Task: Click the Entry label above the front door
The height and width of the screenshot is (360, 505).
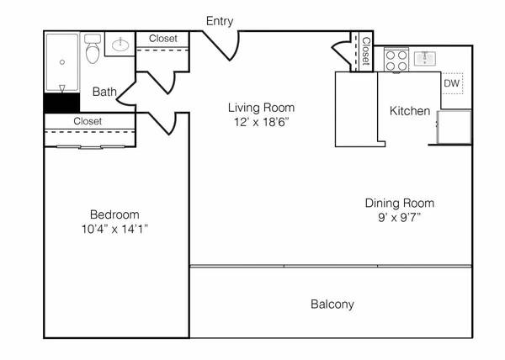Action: click(220, 21)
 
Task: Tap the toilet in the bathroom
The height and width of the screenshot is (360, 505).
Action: click(93, 49)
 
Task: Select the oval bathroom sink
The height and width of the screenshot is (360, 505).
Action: click(120, 45)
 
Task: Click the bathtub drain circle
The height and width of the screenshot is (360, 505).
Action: click(62, 62)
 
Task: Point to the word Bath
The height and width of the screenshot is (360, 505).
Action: click(104, 92)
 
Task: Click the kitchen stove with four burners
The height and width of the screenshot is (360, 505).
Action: click(396, 60)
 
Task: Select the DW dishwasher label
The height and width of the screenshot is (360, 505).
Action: click(451, 83)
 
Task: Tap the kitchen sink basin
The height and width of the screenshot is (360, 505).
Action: click(425, 59)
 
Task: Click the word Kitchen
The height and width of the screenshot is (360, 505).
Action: click(410, 111)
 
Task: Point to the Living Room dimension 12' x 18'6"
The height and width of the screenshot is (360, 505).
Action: click(261, 122)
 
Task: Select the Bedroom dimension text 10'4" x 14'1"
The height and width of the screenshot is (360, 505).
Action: click(114, 229)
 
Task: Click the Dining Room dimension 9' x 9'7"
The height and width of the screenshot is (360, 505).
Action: click(400, 218)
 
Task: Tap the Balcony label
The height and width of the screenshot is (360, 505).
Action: click(332, 304)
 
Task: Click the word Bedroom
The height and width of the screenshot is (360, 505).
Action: click(114, 214)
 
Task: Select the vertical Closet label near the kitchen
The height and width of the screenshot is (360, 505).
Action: click(366, 51)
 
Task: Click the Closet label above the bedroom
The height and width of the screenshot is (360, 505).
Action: click(88, 121)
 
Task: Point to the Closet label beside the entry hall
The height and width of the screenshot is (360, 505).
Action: click(163, 39)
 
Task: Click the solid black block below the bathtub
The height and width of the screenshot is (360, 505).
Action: click(61, 103)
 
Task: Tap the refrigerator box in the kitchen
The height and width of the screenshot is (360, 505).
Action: click(454, 127)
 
